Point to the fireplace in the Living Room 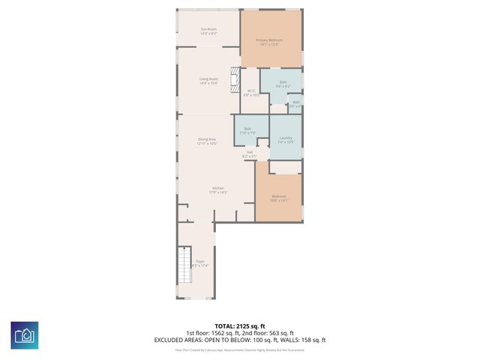pos(235,77)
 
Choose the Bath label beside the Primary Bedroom pos(283,84)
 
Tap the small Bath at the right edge pos(296,103)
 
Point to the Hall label pos(249,154)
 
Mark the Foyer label pos(199,263)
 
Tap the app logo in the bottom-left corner pos(25,334)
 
